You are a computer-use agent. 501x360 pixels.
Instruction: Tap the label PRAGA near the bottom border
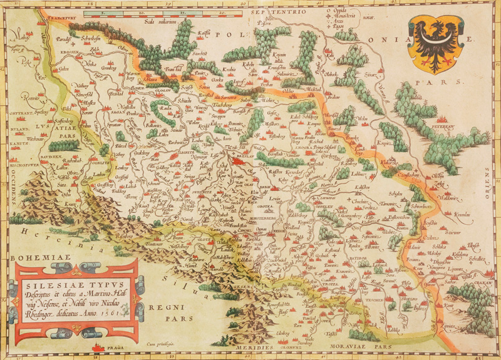[115, 347]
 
